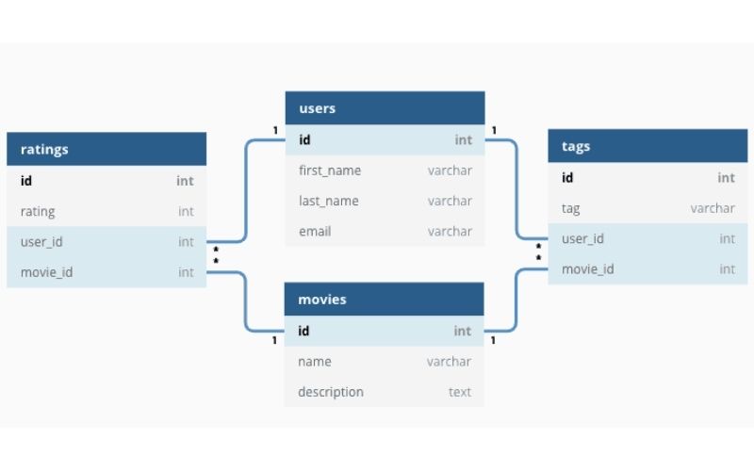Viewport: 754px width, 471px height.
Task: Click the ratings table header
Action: click(x=44, y=149)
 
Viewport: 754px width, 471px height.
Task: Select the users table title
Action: click(x=317, y=108)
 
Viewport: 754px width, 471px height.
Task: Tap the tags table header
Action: click(x=576, y=146)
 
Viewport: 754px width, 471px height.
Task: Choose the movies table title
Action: click(x=322, y=300)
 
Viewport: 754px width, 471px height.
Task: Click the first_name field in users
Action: click(x=329, y=171)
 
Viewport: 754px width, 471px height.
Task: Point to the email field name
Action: click(x=315, y=231)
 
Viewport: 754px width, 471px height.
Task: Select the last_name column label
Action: click(x=329, y=201)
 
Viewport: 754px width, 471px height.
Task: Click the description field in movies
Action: click(x=331, y=392)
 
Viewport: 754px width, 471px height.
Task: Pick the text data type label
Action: click(x=460, y=392)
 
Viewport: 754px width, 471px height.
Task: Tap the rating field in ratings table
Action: click(x=38, y=211)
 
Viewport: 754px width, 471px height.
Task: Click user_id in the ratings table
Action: click(x=41, y=242)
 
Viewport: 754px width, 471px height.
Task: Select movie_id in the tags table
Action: click(x=588, y=269)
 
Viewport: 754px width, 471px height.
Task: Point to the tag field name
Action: click(x=570, y=208)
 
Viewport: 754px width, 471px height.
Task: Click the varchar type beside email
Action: click(x=450, y=231)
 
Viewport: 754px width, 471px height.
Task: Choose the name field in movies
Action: click(x=315, y=362)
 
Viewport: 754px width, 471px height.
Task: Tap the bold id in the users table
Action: click(x=304, y=140)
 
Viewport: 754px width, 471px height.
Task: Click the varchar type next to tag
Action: click(x=713, y=208)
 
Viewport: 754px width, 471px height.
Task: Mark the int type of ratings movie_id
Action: click(x=186, y=272)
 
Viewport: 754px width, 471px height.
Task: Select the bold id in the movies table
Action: click(x=303, y=331)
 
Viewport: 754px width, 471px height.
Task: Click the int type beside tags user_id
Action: click(x=727, y=239)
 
